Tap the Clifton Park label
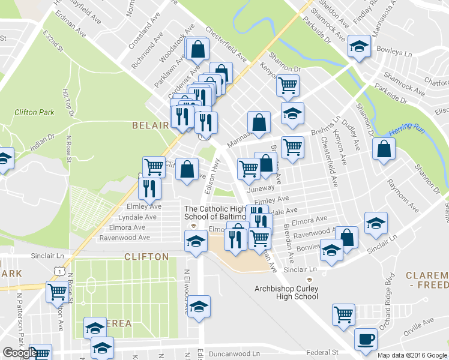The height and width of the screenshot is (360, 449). pos(34,112)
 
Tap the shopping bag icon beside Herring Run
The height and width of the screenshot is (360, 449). pos(384,149)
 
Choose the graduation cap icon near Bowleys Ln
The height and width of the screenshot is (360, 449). pos(359,46)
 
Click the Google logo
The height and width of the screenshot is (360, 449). pos(19,353)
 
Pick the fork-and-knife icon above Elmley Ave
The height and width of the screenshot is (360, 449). pos(149,188)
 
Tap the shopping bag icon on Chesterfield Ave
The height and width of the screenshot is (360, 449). pos(197,49)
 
